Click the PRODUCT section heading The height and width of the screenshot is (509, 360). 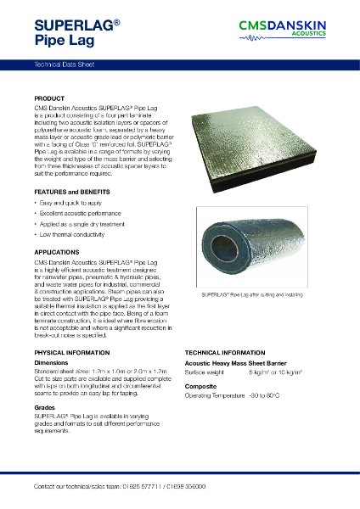[49, 99]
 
